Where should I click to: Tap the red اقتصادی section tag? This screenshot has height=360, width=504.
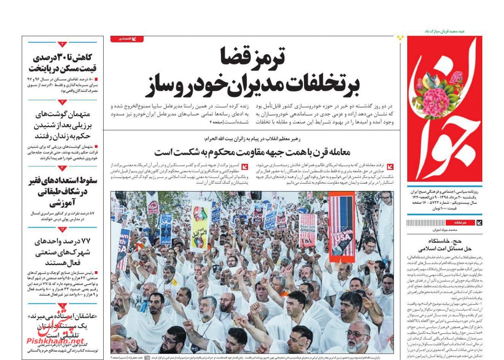click(x=127, y=39)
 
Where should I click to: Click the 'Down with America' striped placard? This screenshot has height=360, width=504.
click(x=308, y=230)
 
